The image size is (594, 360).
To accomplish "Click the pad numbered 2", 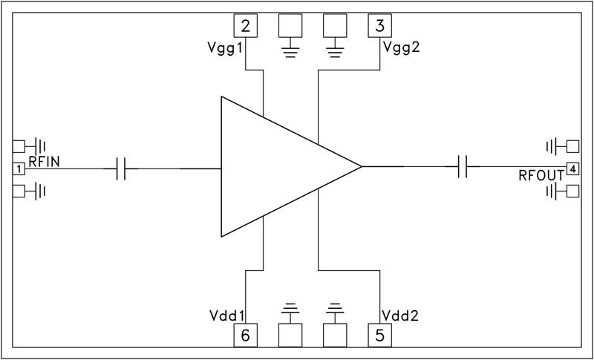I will [x=246, y=27].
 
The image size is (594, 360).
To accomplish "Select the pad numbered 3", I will [x=380, y=27].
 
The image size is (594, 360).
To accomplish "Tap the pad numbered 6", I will [x=246, y=336].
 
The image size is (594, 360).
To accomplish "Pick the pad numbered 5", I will [x=380, y=336].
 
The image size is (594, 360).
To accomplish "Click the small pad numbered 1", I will [x=19, y=169].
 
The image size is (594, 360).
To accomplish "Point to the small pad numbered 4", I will [x=572, y=168].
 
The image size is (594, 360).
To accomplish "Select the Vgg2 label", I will [x=402, y=48].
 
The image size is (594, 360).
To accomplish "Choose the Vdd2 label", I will [x=400, y=315].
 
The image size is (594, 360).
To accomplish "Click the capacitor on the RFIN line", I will [x=123, y=169].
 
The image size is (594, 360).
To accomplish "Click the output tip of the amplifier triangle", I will [x=361, y=167].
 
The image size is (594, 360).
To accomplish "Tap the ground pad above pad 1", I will [x=19, y=145].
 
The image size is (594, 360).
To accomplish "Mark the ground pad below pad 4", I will [x=572, y=192].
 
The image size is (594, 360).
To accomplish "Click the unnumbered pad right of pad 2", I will [x=290, y=27].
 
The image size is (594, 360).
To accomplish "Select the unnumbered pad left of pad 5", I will [x=335, y=336].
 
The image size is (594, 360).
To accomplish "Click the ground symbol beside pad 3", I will [x=335, y=50].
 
